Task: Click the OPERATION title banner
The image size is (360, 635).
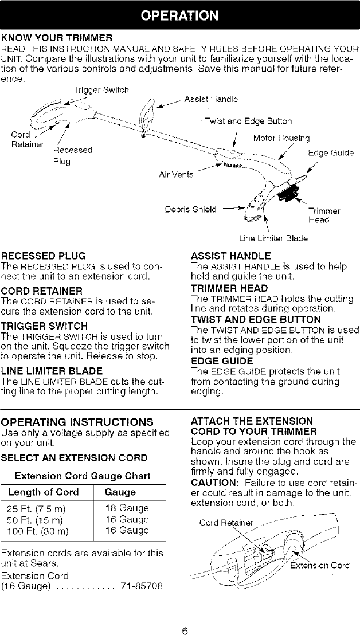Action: pos(180,15)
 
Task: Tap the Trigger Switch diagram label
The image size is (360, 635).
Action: pos(101,89)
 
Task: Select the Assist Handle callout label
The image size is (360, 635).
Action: pos(211,99)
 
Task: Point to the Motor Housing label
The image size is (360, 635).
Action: pos(281,138)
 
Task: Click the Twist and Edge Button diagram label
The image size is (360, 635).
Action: pos(248,121)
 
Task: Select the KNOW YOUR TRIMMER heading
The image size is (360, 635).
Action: pos(56,38)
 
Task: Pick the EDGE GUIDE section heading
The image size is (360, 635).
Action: pos(222,361)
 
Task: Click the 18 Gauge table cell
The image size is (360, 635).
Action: pos(127,508)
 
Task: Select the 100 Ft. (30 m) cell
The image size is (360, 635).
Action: pos(39,530)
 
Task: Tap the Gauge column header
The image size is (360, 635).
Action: pos(120,492)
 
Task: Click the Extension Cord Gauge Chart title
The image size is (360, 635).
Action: pos(83,475)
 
